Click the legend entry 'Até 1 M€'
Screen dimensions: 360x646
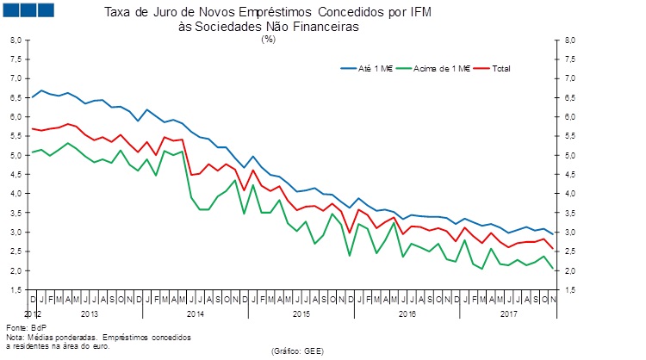pos(376,68)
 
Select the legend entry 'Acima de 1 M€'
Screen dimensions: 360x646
pos(443,68)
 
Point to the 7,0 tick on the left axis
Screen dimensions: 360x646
pos(16,78)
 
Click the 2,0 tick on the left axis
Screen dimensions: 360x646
pos(16,271)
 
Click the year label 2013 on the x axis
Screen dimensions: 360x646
pos(88,313)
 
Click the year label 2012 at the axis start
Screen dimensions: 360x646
pos(32,313)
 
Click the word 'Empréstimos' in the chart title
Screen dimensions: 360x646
pos(245,14)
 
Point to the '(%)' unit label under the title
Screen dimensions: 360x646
pos(268,40)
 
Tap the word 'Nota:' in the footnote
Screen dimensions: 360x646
pos(16,337)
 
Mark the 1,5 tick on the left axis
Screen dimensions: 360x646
pos(16,290)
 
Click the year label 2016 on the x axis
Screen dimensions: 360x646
pos(406,313)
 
